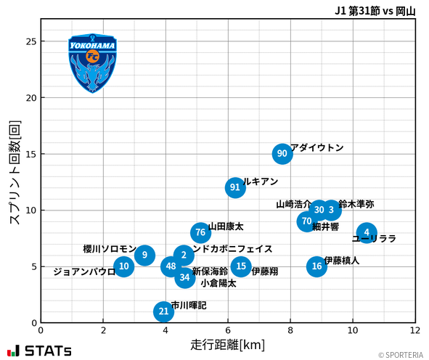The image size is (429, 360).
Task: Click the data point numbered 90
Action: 282,154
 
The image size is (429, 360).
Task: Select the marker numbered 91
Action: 235,187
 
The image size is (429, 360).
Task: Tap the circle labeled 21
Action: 164,311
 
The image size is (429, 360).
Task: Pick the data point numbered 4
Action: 367,233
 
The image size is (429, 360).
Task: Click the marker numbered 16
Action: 316,266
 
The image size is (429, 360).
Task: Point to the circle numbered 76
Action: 201,232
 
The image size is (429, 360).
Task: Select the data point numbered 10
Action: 124,266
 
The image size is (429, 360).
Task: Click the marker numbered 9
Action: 145,255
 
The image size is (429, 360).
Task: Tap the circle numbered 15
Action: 241,266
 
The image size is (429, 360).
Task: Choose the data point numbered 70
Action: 306,221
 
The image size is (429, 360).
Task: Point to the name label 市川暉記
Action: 189,306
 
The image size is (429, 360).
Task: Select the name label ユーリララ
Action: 374,239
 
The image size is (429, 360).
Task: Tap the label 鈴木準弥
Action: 356,205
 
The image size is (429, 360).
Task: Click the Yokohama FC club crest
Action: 92,62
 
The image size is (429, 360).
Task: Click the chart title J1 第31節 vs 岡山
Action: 375,11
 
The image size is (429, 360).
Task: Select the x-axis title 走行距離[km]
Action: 228,344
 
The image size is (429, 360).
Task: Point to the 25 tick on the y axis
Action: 30,41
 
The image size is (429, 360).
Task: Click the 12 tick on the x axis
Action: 415,330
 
